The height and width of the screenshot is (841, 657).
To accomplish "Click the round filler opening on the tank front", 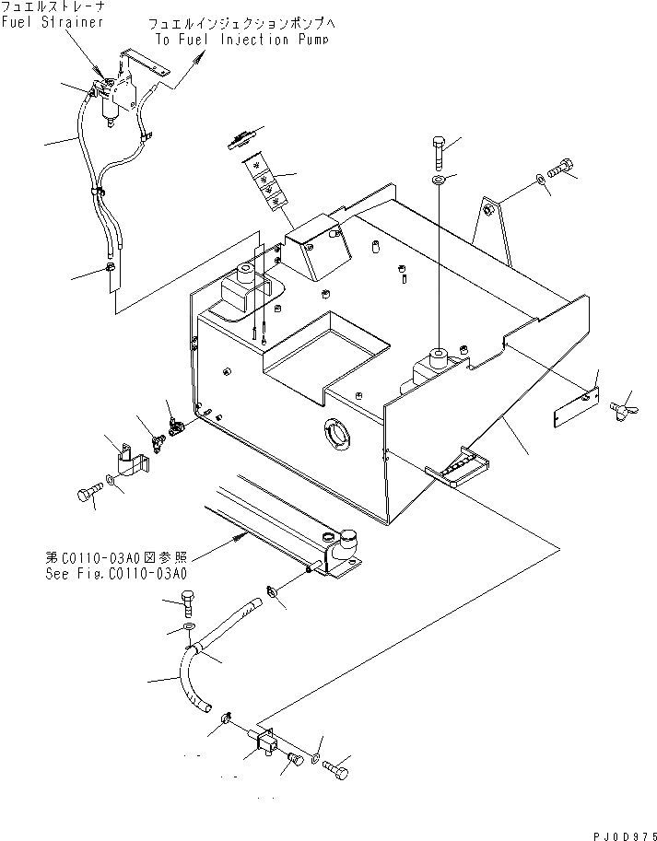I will (x=335, y=433).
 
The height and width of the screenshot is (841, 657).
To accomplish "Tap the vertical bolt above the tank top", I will (x=439, y=147).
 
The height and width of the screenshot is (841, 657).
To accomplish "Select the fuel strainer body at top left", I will (x=112, y=101).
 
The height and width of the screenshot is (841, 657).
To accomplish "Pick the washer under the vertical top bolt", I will (x=439, y=178).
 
